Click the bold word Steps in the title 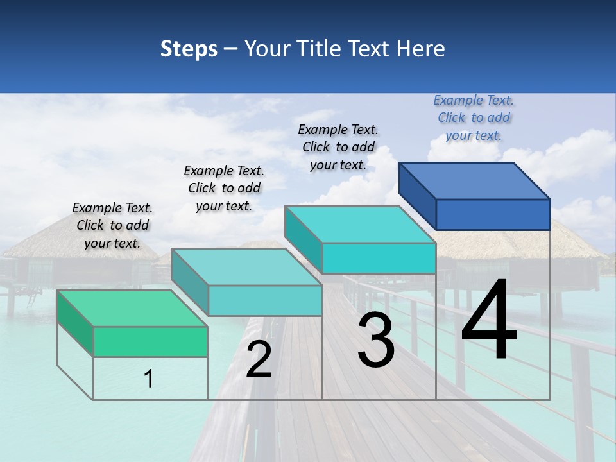click(189, 49)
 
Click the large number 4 click(489, 321)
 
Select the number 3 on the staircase click(376, 339)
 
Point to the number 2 click(259, 359)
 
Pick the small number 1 click(149, 379)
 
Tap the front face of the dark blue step click(493, 214)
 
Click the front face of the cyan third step click(379, 258)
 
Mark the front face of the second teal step click(265, 300)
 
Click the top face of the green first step click(132, 308)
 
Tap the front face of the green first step click(150, 341)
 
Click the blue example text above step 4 click(474, 117)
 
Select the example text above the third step click(338, 147)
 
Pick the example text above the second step click(224, 188)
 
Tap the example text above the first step click(112, 225)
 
